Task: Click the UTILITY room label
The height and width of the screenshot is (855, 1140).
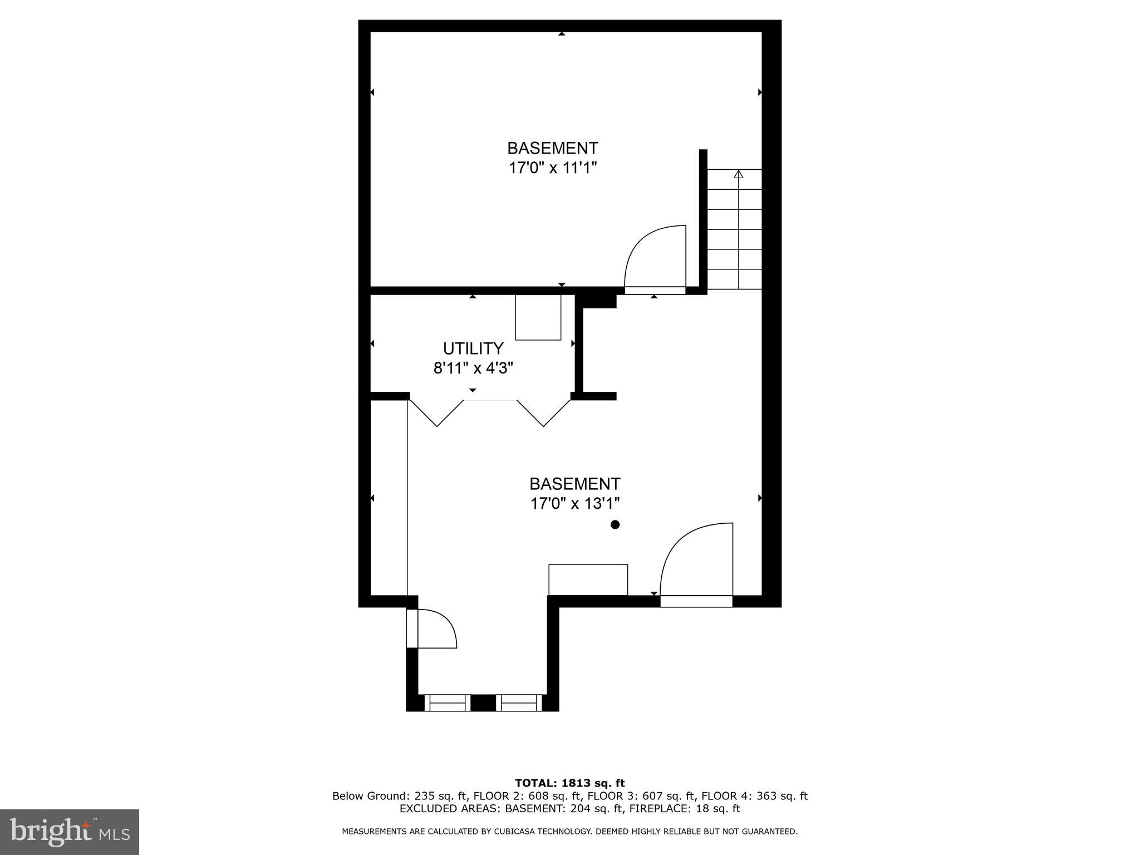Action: point(473,348)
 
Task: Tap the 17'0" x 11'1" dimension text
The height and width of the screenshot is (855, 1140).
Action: point(552,168)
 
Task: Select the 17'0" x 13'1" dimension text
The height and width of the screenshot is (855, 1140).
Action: point(574,503)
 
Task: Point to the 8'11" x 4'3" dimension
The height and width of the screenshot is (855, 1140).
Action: point(473,368)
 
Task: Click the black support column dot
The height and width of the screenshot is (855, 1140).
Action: point(615,524)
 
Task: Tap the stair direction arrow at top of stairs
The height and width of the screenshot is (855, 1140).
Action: point(739,174)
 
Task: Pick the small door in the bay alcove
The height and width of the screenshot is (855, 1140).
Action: point(436,629)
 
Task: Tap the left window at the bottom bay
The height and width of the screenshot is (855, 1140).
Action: point(448,702)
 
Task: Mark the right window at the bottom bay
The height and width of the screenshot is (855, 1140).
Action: point(519,702)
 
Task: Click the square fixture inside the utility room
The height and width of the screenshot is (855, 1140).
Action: point(538,317)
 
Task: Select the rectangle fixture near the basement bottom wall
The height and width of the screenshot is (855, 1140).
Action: point(588,579)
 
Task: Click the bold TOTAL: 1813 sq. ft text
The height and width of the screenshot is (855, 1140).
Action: point(569,783)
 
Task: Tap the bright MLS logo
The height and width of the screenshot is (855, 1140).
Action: point(70,831)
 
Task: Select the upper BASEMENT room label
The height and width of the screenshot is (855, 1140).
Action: point(552,148)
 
